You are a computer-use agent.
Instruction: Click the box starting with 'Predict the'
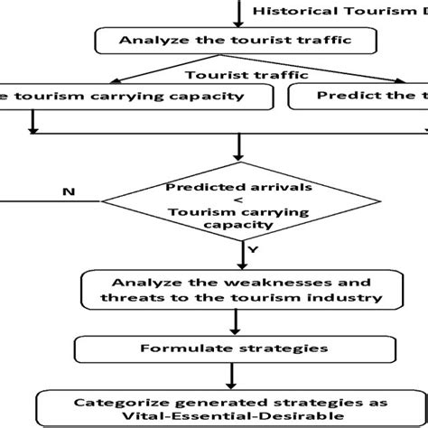point(361,96)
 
